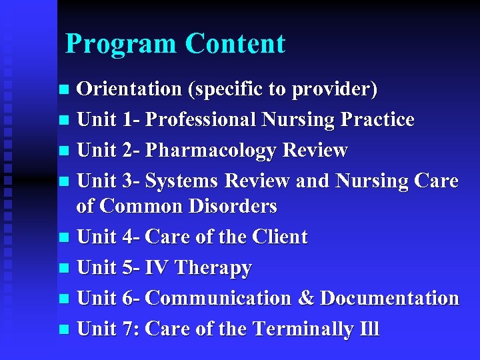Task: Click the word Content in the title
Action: [x=235, y=44]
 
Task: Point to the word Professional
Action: [x=201, y=120]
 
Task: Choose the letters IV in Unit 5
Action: [x=157, y=268]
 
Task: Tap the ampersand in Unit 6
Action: [x=305, y=299]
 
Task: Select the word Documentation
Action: [x=389, y=299]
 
